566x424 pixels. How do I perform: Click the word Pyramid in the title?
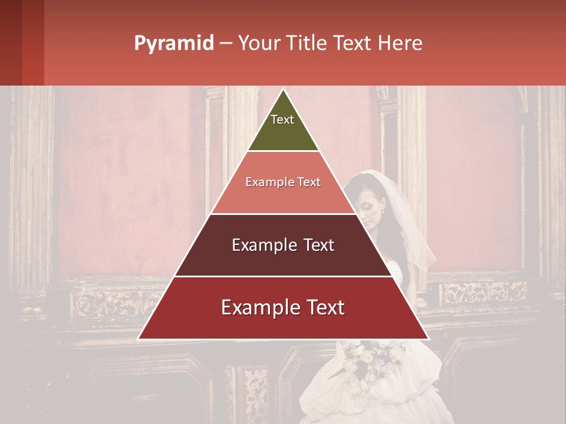tap(174, 44)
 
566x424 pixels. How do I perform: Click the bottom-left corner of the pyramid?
tap(139, 339)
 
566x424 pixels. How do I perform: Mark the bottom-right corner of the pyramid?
tap(428, 339)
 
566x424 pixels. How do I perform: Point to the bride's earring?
tap(383, 213)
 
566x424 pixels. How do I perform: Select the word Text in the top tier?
tap(282, 120)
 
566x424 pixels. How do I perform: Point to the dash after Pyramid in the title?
tap(226, 44)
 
